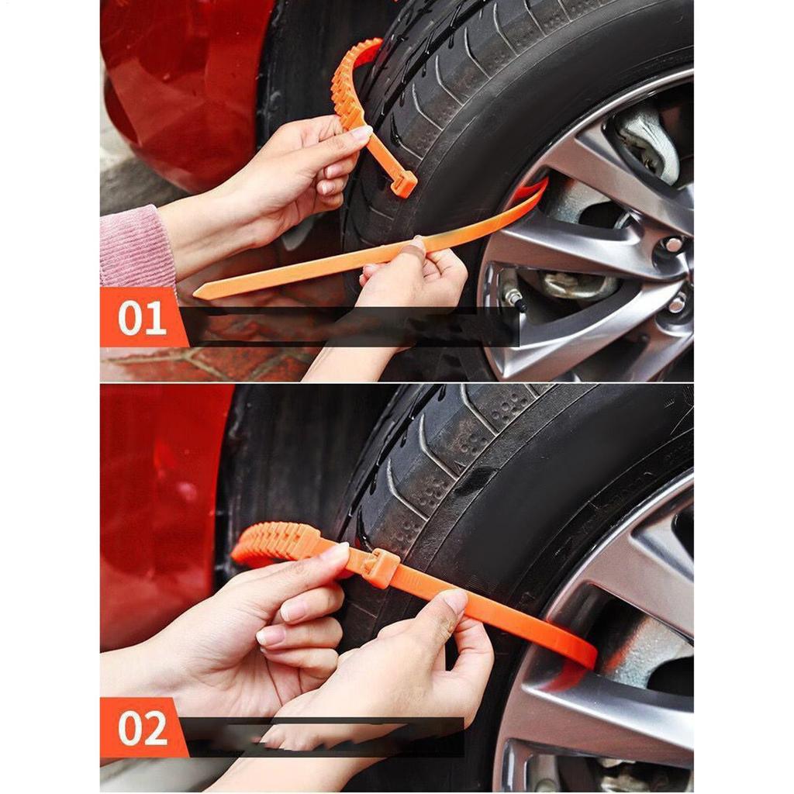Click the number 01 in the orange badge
[x=142, y=318]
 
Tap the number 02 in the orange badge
[x=142, y=728]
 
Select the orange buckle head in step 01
[x=403, y=183]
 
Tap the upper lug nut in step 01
[x=672, y=245]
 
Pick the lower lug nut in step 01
[x=677, y=303]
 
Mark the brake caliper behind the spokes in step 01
[x=647, y=140]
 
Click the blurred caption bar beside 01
[x=349, y=326]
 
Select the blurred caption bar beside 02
[x=326, y=737]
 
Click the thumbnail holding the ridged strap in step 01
[x=361, y=133]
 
